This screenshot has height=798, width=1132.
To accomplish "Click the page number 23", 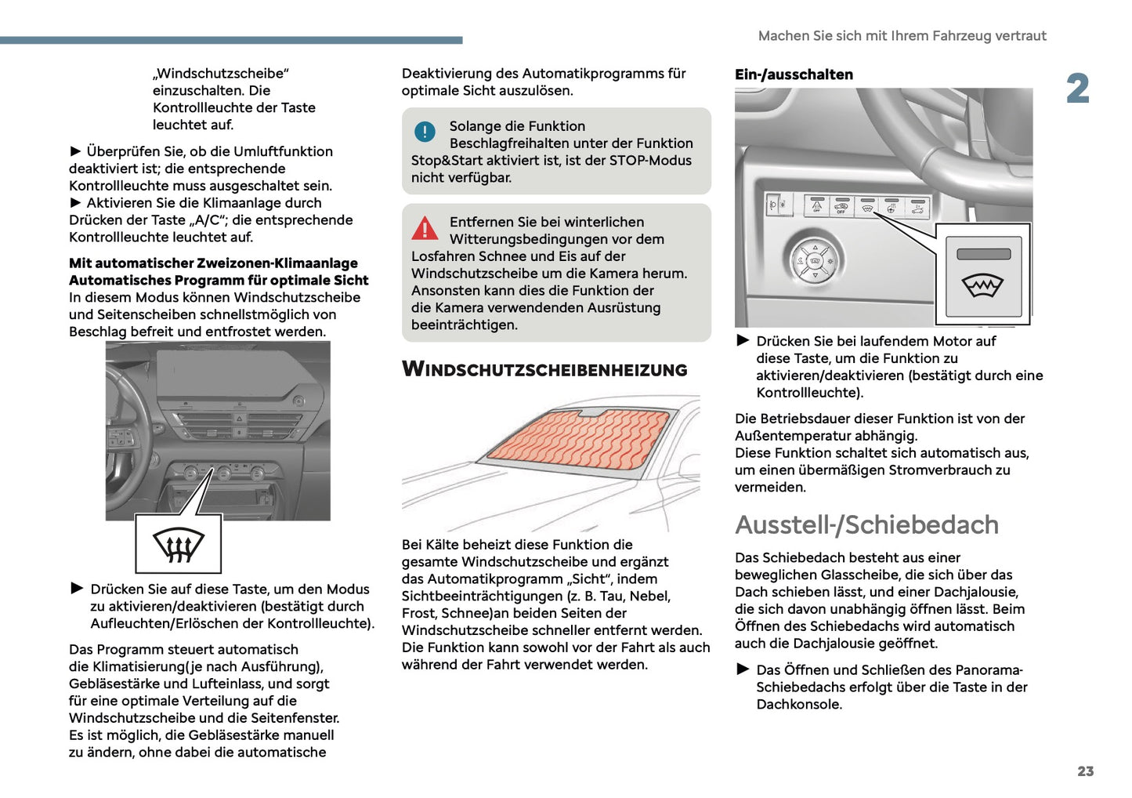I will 1085,771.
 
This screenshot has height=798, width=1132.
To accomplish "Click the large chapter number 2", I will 1077,89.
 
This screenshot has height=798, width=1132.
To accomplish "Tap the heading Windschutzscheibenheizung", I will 544,370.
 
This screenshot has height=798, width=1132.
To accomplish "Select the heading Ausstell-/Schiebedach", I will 866,524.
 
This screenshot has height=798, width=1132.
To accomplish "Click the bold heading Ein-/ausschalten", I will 794,74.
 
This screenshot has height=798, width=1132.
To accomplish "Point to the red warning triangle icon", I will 425,228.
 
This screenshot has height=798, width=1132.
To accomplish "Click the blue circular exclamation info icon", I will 425,132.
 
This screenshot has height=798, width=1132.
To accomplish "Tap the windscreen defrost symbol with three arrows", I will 179,545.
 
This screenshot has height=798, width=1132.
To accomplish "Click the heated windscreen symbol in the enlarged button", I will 982,286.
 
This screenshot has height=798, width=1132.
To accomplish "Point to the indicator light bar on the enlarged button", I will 983,254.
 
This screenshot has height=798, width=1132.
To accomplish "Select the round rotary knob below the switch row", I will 816,259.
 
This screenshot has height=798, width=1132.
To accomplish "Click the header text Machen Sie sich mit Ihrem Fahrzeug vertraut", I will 902,36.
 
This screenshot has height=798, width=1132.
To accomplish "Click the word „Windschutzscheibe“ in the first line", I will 221,74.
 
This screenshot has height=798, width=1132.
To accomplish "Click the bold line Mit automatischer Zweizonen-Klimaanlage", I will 213,263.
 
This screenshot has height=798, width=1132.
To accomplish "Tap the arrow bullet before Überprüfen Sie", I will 76,151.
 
